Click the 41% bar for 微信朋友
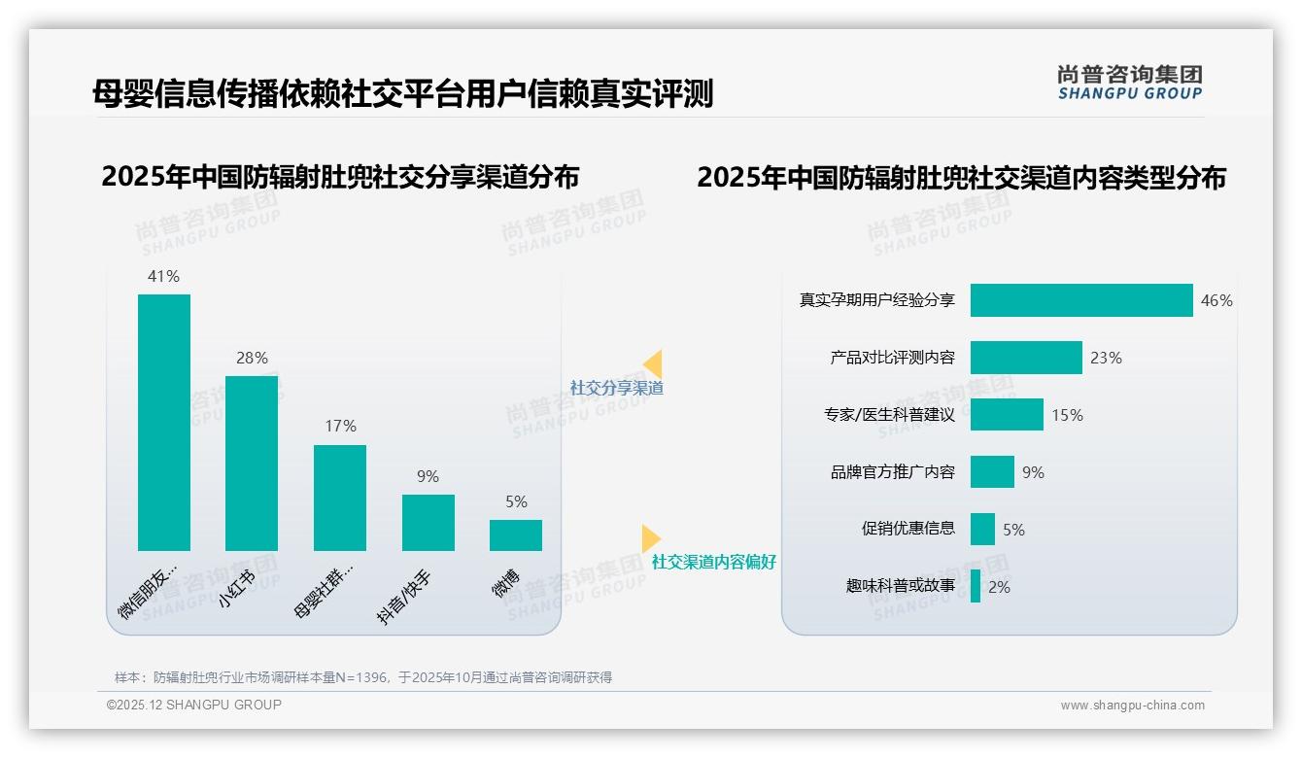coord(164,423)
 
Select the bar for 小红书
coord(252,464)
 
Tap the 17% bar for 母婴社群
coord(340,498)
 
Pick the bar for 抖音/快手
coord(428,523)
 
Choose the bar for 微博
coord(516,535)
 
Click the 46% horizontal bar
coord(1081,300)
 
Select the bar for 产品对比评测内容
coord(1026,358)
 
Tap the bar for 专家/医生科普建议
coord(1007,415)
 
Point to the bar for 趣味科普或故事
coord(976,587)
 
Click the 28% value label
coord(252,358)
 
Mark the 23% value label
coord(1106,358)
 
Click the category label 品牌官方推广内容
coord(893,472)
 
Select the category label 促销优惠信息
coord(908,530)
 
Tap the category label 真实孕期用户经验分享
coord(877,300)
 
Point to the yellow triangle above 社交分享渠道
coord(653,364)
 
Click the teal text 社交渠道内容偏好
coord(714,562)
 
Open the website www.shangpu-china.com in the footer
coord(1132,706)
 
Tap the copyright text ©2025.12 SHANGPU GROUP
coord(194,705)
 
